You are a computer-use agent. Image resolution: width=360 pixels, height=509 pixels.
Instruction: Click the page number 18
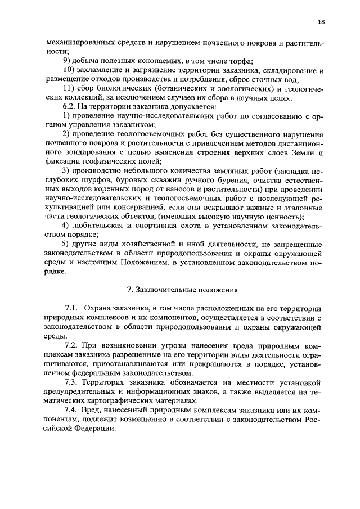pyautogui.click(x=321, y=22)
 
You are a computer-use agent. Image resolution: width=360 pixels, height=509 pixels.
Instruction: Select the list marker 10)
pyautogui.click(x=70, y=70)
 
